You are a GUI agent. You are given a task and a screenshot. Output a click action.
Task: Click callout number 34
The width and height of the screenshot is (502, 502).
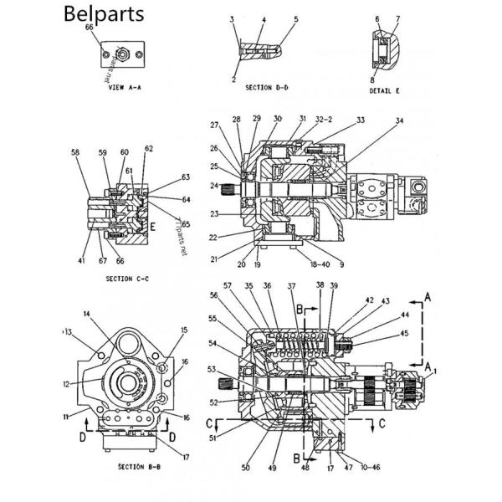(400, 121)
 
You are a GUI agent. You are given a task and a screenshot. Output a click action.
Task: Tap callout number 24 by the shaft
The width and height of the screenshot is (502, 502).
(215, 185)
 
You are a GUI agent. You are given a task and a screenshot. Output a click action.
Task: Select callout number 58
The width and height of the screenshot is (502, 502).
(75, 152)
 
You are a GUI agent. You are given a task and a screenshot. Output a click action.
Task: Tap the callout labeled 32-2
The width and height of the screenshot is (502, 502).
(323, 119)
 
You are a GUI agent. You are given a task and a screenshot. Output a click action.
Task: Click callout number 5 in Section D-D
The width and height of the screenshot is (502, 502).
(295, 18)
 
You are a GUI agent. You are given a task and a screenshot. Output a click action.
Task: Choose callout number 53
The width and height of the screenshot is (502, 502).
(213, 368)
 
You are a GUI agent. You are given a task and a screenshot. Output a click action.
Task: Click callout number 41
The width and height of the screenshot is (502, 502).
(81, 261)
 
